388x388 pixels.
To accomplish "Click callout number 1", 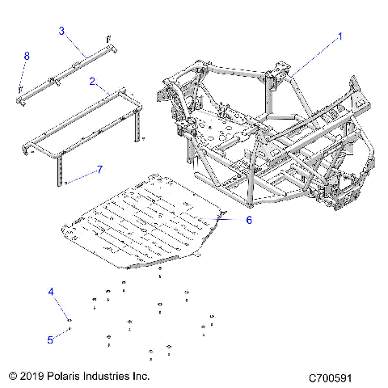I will [x=340, y=36].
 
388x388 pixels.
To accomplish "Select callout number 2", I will [x=93, y=82].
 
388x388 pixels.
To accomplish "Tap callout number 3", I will [x=61, y=31].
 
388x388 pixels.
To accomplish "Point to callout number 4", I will [x=51, y=291].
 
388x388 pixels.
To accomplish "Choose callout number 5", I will [x=49, y=340].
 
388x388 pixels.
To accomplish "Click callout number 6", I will [x=249, y=219].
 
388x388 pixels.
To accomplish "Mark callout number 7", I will [x=100, y=169].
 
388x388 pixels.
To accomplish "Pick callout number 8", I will [x=27, y=55].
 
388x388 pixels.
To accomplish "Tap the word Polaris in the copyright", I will [x=66, y=377].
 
